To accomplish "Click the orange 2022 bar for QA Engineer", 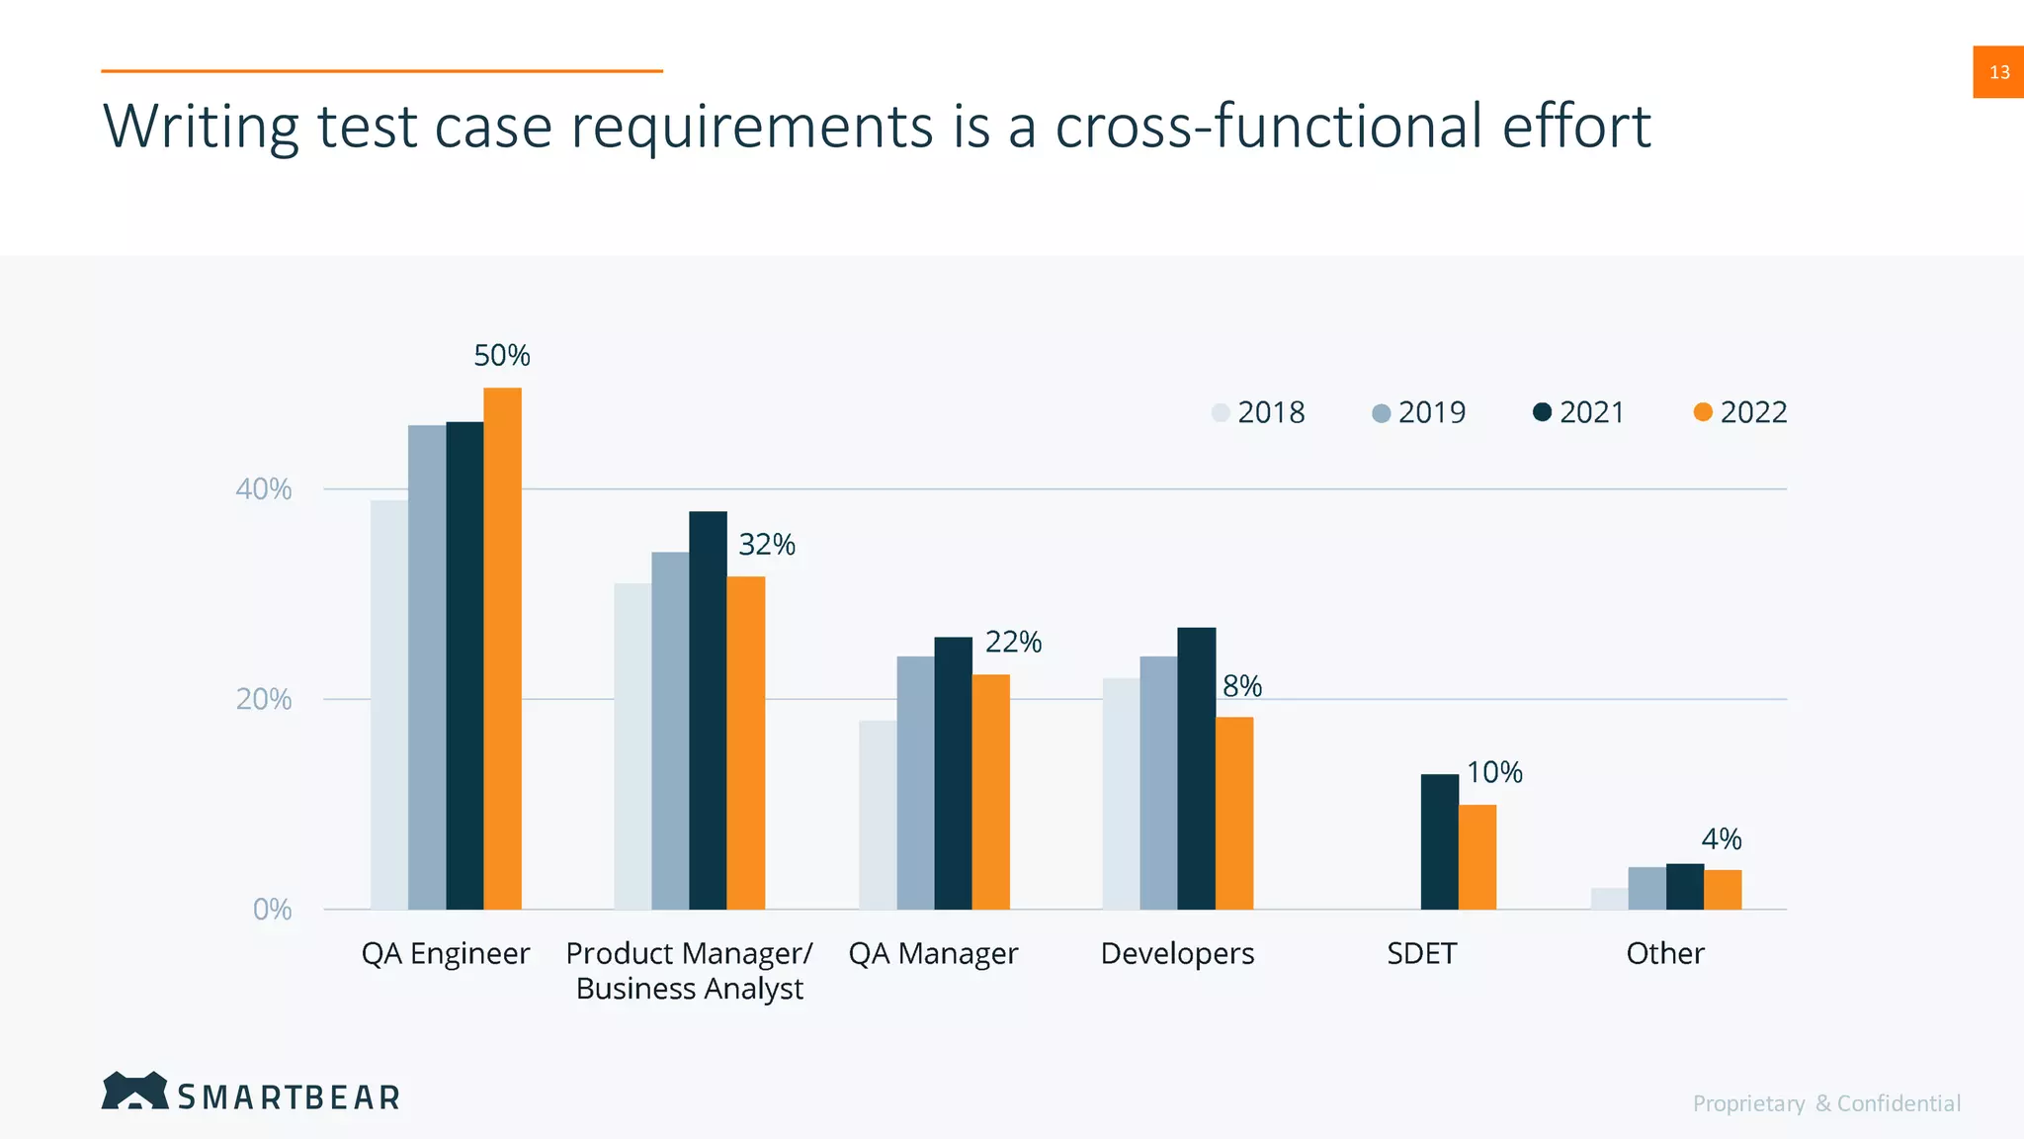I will point(502,649).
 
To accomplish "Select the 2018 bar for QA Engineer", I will point(389,704).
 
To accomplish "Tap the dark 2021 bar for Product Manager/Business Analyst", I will point(708,710).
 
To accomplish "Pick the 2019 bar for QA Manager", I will point(915,782).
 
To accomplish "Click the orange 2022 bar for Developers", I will point(1234,813).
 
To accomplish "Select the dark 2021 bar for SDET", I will point(1439,841).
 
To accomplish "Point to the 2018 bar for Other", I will point(1609,899).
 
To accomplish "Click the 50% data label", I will point(502,356).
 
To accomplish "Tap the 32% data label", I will point(767,545).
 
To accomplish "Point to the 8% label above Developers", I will point(1242,686).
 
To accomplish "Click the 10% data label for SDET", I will point(1494,772).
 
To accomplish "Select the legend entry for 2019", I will point(1419,412).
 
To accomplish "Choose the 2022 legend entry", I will point(1740,412).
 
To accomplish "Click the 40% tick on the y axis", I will point(264,489).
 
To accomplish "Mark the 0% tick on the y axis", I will point(272,910).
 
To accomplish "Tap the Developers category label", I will point(1177,954).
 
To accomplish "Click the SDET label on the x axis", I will point(1421,954).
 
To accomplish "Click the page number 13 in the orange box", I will point(1998,72).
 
